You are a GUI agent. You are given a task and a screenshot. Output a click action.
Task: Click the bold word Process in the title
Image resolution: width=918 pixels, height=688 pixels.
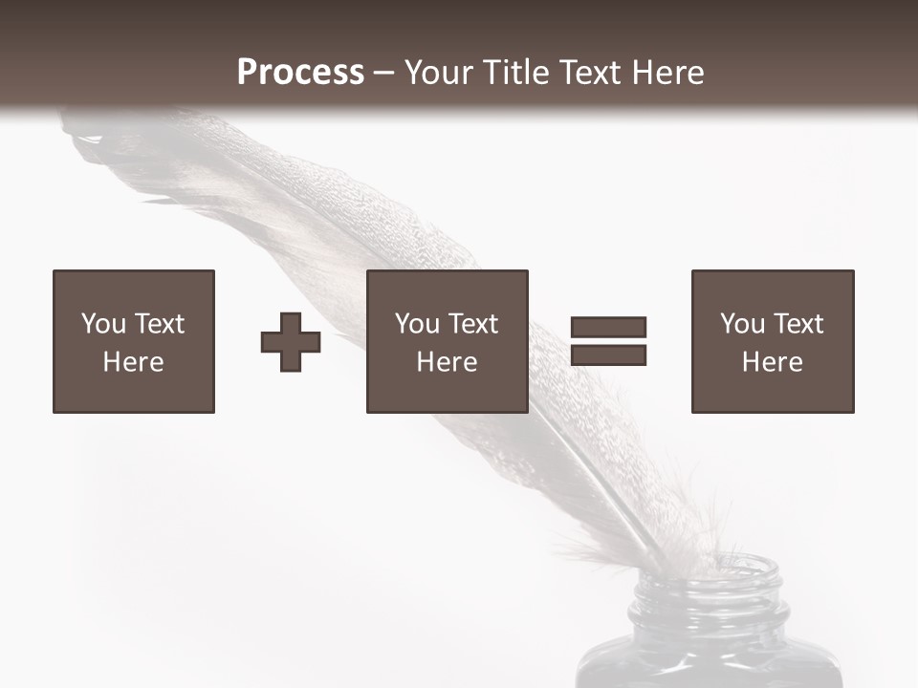tap(300, 73)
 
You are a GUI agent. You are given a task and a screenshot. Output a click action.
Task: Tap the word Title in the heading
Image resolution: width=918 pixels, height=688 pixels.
tap(516, 73)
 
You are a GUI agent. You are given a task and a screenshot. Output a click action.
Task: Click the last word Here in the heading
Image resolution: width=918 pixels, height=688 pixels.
tap(669, 73)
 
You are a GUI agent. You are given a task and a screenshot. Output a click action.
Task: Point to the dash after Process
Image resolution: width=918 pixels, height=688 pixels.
tap(383, 74)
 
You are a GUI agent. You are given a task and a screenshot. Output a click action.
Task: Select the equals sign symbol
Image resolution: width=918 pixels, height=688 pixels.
tap(608, 341)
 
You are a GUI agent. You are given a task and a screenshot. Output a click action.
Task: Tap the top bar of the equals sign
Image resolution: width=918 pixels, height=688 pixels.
tap(608, 327)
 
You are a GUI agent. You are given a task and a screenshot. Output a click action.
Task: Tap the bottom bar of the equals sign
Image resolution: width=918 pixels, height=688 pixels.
tap(608, 355)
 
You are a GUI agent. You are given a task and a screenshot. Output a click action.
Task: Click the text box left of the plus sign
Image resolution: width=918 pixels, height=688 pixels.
tap(134, 341)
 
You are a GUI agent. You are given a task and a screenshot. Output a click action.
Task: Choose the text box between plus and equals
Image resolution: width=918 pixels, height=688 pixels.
tap(448, 341)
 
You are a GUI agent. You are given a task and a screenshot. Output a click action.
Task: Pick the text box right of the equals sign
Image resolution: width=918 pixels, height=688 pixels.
tap(773, 341)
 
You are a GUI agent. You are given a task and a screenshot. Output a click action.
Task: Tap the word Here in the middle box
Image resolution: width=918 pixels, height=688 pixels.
tap(448, 362)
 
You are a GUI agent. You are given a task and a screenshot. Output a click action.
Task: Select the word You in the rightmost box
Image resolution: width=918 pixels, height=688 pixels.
tap(741, 324)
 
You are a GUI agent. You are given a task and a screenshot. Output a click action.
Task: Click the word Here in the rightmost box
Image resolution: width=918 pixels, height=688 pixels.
tap(773, 362)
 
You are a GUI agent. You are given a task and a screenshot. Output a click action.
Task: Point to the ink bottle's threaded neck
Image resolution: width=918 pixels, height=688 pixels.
tap(710, 592)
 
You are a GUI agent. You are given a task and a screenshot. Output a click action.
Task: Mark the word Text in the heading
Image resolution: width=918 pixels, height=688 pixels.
tap(589, 73)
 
